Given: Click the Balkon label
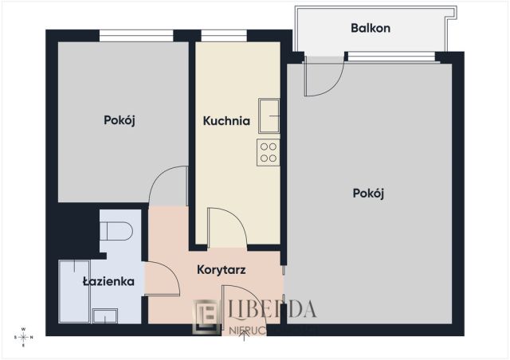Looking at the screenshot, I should pyautogui.click(x=371, y=29).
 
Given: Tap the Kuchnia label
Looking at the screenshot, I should pyautogui.click(x=226, y=122).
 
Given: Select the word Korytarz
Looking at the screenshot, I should pyautogui.click(x=221, y=270).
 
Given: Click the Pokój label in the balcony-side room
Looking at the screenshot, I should pyautogui.click(x=368, y=193).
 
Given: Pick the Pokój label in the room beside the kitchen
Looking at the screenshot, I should pyautogui.click(x=120, y=120).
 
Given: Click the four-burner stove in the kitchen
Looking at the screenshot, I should pyautogui.click(x=268, y=151).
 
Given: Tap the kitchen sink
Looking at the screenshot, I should pyautogui.click(x=269, y=116).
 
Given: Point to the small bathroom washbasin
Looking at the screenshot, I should pyautogui.click(x=104, y=316).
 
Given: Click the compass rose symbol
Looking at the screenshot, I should pyautogui.click(x=24, y=337).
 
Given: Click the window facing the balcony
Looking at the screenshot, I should pyautogui.click(x=390, y=56).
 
